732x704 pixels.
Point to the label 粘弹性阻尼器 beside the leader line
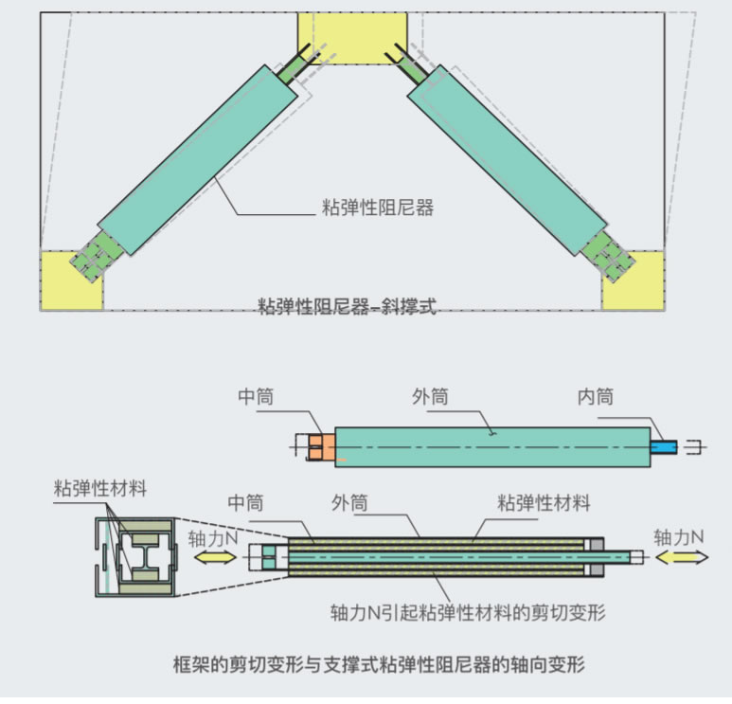(378, 208)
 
